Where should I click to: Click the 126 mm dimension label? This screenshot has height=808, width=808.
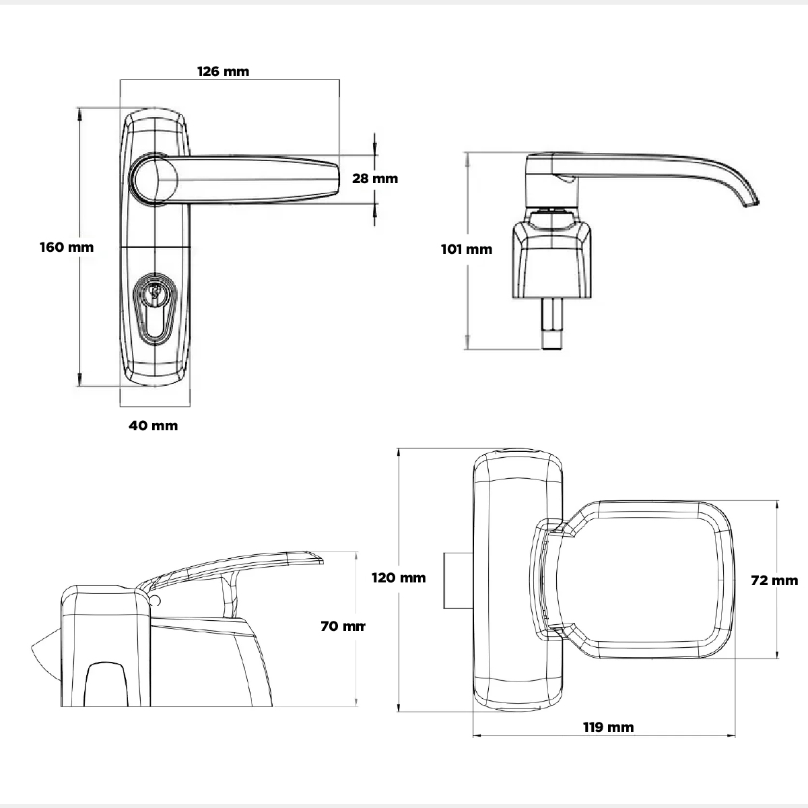pyautogui.click(x=223, y=71)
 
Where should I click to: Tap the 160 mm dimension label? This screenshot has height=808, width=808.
pyautogui.click(x=67, y=247)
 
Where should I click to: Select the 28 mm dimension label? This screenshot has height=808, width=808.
pyautogui.click(x=375, y=178)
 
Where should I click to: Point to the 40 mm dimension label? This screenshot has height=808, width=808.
pyautogui.click(x=154, y=426)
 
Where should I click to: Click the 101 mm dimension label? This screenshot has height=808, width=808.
pyautogui.click(x=467, y=249)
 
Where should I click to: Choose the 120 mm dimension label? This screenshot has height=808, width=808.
pyautogui.click(x=399, y=578)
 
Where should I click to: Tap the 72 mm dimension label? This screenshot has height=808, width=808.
pyautogui.click(x=774, y=580)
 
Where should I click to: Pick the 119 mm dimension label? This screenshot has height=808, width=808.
pyautogui.click(x=608, y=727)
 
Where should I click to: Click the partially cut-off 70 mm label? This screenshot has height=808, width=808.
pyautogui.click(x=343, y=626)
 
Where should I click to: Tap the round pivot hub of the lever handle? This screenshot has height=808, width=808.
pyautogui.click(x=156, y=178)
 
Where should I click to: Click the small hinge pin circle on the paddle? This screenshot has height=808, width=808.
pyautogui.click(x=156, y=599)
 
